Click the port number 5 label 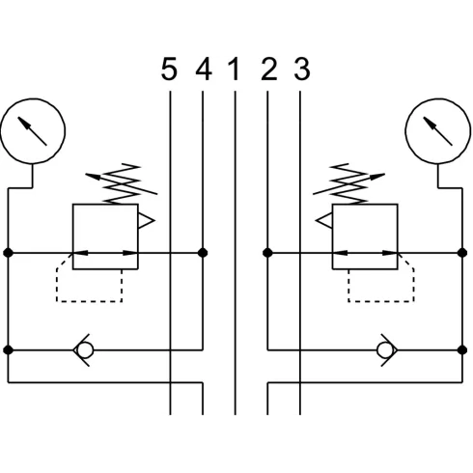[x=169, y=69]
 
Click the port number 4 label [x=204, y=69]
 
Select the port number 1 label [x=235, y=69]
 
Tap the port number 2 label [x=269, y=69]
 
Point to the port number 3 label [x=302, y=69]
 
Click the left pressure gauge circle [x=33, y=99]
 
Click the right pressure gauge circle [x=438, y=99]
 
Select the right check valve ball [x=385, y=349]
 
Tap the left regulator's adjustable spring [x=122, y=184]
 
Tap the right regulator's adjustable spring [x=348, y=184]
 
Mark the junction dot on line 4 [x=203, y=253]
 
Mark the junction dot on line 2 [x=267, y=253]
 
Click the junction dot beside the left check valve [x=8, y=349]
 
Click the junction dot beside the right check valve [x=462, y=349]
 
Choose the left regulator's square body [x=73, y=236]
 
